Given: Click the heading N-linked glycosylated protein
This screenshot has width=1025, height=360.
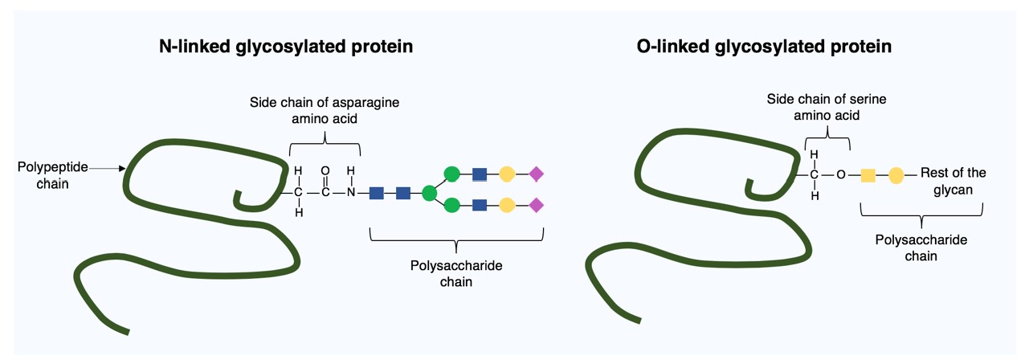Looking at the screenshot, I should tap(286, 47).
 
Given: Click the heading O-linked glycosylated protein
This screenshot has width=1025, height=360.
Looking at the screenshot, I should tap(764, 47).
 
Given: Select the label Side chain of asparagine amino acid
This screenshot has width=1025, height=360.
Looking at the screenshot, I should tap(324, 110).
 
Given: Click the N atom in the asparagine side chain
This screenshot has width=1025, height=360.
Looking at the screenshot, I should tap(350, 193).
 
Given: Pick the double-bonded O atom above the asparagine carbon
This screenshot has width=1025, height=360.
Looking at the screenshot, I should tap(325, 171).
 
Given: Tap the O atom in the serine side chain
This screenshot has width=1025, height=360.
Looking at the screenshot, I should tap(840, 174).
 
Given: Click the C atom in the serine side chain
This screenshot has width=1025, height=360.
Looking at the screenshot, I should tap(814, 174).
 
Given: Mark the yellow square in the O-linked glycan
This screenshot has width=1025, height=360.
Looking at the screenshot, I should tap(868, 174).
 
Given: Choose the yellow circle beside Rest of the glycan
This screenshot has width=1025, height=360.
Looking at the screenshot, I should tap(896, 174).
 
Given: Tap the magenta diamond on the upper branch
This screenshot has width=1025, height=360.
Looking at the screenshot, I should tap(536, 174).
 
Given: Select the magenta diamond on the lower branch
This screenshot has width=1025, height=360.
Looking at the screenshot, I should tap(536, 206).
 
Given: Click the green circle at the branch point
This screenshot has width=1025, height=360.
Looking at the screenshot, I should tap(429, 193).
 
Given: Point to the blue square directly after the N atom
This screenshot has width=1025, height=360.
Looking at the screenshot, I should tap(376, 193).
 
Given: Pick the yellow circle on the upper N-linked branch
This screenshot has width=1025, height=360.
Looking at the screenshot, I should tap(507, 174).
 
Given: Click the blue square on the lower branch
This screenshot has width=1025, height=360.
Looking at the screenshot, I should tap(480, 206).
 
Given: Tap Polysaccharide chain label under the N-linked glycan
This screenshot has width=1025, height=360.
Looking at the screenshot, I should tap(455, 273).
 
